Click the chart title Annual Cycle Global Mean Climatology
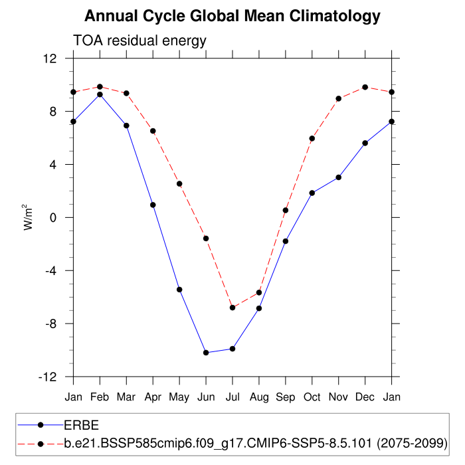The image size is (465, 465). tap(232, 16)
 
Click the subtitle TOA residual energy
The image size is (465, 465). tap(140, 41)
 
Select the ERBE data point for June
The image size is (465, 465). tap(206, 353)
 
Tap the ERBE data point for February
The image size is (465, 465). tap(100, 94)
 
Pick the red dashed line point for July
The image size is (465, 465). tap(232, 308)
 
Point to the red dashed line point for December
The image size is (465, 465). tap(365, 87)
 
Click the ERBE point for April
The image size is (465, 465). tap(153, 205)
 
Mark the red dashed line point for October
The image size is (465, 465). tap(312, 138)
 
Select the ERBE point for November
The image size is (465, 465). tap(338, 177)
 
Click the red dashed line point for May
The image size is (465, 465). tap(179, 183)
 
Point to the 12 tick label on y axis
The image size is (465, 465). tap(49, 58)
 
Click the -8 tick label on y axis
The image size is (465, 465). tap(48, 324)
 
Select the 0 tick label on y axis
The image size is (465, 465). tap(52, 217)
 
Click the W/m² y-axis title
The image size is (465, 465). tap(29, 217)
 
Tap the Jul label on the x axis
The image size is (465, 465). tap(232, 397)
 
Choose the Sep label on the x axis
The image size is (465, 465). tap(286, 397)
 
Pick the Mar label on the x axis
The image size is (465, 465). tap(126, 397)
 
